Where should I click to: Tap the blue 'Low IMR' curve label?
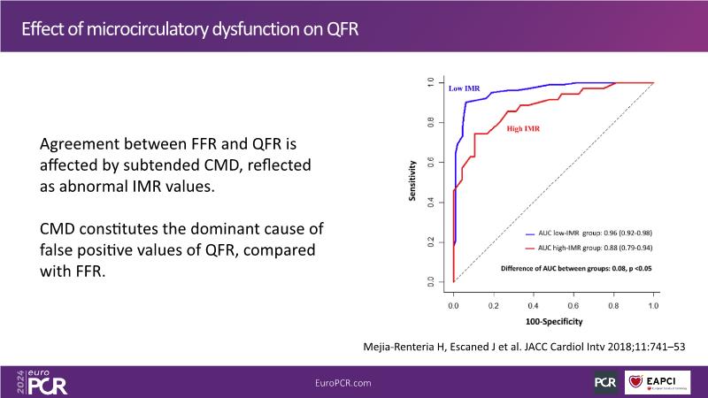point(466,89)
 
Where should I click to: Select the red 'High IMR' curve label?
point(523,129)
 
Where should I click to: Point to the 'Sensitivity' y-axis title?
point(413,180)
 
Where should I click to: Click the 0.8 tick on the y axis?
point(431,123)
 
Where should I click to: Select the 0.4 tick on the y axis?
point(431,203)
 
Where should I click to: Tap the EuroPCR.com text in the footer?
point(342,381)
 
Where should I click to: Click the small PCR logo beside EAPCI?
point(605,381)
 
